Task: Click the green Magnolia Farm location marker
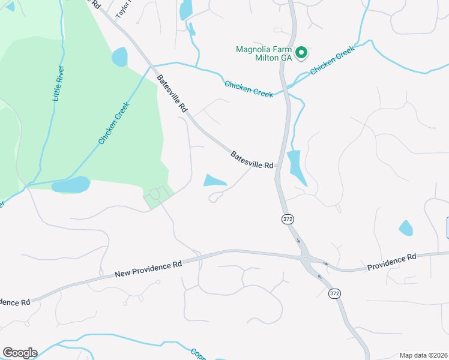point(303,53)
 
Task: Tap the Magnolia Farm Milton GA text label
point(264,53)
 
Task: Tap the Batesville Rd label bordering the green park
point(173,95)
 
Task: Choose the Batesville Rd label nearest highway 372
point(252,160)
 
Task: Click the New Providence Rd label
point(148,268)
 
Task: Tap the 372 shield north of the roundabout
point(288,220)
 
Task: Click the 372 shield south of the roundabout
point(334,293)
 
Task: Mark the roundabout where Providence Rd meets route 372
point(306,259)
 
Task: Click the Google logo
point(20,353)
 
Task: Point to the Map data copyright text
point(424,355)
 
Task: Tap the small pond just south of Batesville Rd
point(214,180)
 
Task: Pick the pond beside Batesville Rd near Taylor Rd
point(119,57)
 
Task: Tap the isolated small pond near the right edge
point(406,228)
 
